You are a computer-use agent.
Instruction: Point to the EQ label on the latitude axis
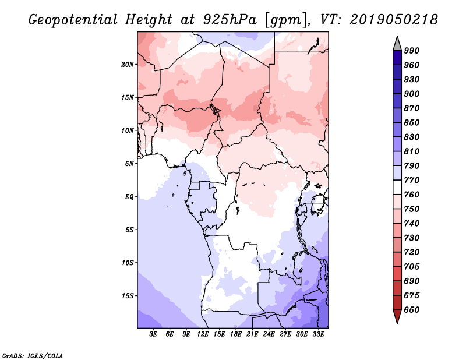coord(129,196)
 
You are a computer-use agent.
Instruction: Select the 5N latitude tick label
coord(130,163)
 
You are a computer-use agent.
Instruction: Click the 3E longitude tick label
coord(153,334)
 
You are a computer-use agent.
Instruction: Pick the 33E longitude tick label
coord(319,334)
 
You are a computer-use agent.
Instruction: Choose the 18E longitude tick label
coord(235,334)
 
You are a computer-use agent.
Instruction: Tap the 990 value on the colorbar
coord(411,51)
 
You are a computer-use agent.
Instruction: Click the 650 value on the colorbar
coord(411,310)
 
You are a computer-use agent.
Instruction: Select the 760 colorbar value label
coord(411,195)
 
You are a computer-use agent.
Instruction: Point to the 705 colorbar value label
coord(411,267)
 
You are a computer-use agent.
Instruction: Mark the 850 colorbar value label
coord(411,122)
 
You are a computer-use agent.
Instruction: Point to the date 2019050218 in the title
coord(394,19)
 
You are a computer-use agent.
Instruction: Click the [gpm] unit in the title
coord(284,19)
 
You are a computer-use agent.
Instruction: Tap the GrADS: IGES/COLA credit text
coord(33,355)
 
